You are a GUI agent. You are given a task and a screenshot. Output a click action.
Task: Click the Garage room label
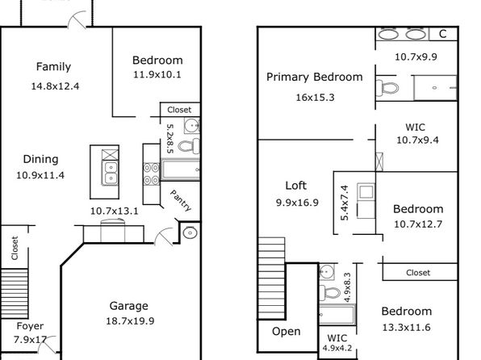129,306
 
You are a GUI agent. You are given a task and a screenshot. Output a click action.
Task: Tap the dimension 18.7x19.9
130,321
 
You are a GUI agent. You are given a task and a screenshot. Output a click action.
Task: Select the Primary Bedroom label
315,77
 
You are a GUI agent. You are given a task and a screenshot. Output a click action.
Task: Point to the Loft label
295,186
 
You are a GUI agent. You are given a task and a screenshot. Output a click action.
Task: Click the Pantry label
181,200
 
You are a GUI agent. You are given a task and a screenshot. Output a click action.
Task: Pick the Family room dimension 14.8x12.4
55,86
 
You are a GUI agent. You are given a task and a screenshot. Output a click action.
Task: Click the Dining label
41,159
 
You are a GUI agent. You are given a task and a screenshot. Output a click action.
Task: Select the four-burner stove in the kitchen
152,174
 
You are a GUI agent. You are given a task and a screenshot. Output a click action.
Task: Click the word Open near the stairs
287,332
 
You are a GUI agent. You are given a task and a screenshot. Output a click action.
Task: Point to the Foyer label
30,326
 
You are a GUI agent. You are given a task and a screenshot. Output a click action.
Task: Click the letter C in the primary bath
442,34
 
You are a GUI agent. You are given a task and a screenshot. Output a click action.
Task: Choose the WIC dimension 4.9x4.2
337,349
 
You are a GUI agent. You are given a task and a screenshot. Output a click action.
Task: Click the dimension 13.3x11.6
407,328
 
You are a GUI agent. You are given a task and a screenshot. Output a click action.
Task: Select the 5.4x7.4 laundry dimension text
345,203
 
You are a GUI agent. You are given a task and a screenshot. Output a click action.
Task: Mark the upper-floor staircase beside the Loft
272,278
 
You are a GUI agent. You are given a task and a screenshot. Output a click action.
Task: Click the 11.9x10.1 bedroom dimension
157,74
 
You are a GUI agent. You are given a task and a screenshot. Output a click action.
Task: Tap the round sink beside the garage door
190,232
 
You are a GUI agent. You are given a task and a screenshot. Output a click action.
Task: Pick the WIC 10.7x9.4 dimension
417,140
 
